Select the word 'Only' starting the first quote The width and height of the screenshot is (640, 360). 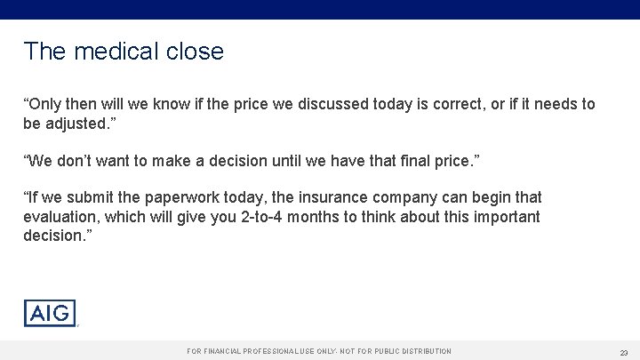(x=45, y=104)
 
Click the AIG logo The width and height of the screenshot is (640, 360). (x=50, y=313)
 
